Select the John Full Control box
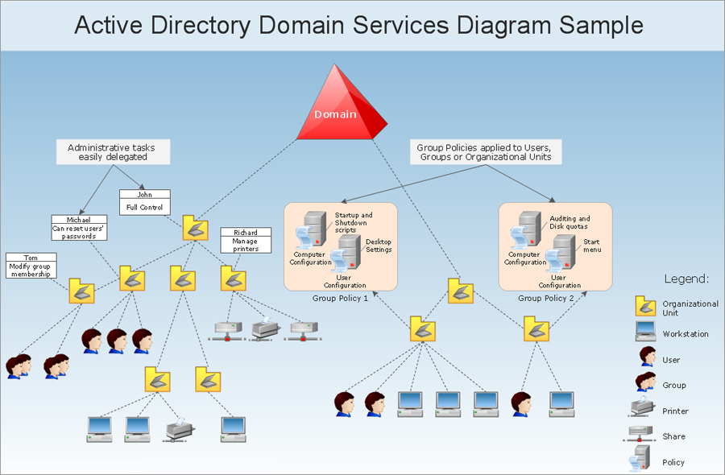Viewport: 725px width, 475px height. pyautogui.click(x=145, y=202)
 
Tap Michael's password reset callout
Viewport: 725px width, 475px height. pyautogui.click(x=79, y=228)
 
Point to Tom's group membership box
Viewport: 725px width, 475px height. pyautogui.click(x=31, y=266)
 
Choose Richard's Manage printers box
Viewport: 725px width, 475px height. pyautogui.click(x=246, y=240)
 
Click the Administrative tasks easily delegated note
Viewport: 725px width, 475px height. pyautogui.click(x=114, y=152)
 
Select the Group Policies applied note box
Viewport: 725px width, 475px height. pyautogui.click(x=486, y=152)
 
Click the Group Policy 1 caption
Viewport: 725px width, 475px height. pyautogui.click(x=340, y=299)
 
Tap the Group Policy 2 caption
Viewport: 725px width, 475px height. pyautogui.click(x=546, y=299)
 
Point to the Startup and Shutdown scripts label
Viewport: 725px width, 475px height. pyautogui.click(x=354, y=222)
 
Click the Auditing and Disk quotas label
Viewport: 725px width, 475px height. pyautogui.click(x=570, y=222)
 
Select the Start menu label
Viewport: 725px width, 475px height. pyautogui.click(x=592, y=246)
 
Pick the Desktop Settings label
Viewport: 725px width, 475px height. pyautogui.click(x=379, y=246)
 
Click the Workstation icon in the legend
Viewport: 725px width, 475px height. pyautogui.click(x=645, y=332)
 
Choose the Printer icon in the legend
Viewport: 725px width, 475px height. pyautogui.click(x=642, y=407)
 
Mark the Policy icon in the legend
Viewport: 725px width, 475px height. pyautogui.click(x=640, y=458)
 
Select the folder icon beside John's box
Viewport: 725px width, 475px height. pyautogui.click(x=195, y=228)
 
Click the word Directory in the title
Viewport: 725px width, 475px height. pyautogui.click(x=201, y=26)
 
